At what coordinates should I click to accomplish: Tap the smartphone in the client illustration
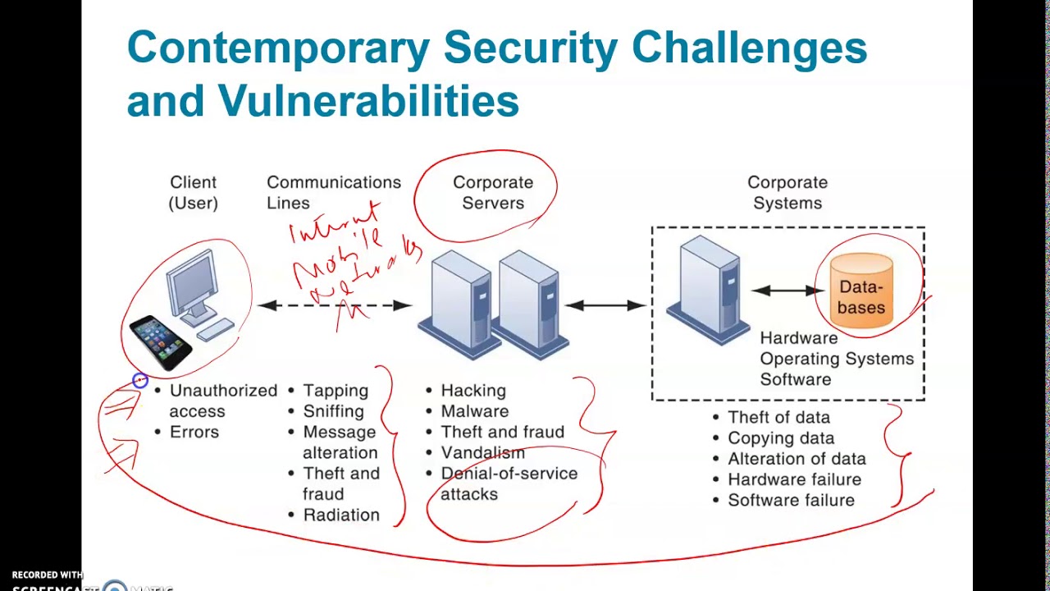coord(161,338)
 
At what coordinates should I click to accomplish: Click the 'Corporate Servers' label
coord(493,192)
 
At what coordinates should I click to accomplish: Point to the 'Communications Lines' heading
coord(333,192)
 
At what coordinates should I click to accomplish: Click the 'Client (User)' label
coord(194,192)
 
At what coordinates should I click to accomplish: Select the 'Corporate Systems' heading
coord(787,192)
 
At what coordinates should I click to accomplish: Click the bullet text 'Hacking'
coord(473,391)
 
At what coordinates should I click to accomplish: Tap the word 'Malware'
coord(475,411)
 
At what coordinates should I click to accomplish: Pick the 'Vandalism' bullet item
coord(482,452)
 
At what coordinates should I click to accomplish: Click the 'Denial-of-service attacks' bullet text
coord(509,483)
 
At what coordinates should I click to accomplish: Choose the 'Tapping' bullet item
coord(336,391)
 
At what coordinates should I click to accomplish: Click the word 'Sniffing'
coord(333,411)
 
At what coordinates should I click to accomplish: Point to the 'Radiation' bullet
coord(341,515)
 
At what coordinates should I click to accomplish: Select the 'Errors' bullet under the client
coord(194,432)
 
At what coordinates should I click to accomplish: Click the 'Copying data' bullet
coord(781,438)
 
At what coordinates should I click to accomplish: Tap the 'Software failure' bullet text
coord(791,500)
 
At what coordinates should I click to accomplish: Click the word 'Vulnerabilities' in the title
coord(368,102)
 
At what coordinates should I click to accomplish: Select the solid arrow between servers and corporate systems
coord(606,305)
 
